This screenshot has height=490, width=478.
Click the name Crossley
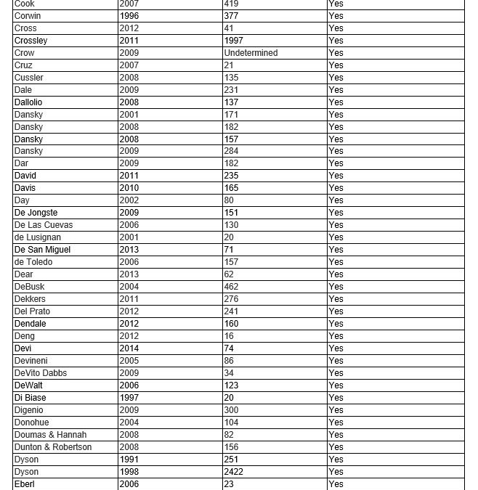(31, 41)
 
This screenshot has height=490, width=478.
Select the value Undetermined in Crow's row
(251, 53)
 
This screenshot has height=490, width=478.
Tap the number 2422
(234, 472)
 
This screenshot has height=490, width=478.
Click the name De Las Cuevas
(44, 225)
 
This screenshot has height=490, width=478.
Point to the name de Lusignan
(38, 237)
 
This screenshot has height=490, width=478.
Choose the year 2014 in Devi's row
(129, 348)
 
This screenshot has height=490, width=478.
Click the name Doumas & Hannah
(50, 435)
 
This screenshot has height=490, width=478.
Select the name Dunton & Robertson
(53, 447)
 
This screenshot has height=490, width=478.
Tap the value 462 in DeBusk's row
(232, 287)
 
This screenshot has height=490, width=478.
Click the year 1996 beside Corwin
(129, 16)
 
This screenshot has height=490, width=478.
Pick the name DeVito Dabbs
(41, 373)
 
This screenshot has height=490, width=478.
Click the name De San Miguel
(42, 250)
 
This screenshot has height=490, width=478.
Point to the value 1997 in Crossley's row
(234, 41)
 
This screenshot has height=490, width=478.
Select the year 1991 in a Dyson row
(129, 460)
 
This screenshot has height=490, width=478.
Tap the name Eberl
(25, 484)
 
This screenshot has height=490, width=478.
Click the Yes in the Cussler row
(336, 78)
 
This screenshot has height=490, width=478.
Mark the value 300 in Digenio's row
(232, 410)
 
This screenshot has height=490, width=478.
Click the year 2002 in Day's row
(129, 200)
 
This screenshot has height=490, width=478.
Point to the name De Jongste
(36, 213)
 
